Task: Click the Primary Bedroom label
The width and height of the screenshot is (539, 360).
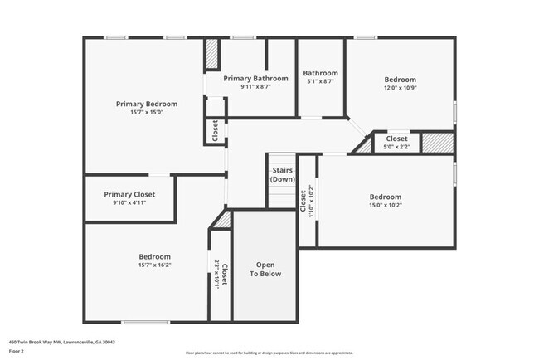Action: click(x=146, y=104)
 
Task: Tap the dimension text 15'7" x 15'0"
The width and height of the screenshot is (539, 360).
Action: click(x=146, y=113)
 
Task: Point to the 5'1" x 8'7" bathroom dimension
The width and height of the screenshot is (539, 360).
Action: click(x=320, y=81)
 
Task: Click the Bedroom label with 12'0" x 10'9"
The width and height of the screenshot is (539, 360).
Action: click(x=400, y=80)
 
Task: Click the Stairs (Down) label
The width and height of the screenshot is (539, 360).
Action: click(x=283, y=174)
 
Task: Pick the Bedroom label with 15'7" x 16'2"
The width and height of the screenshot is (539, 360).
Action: click(x=154, y=256)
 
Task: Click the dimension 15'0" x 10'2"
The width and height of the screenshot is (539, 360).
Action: click(x=385, y=205)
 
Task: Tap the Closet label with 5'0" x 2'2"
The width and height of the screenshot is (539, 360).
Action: click(x=396, y=139)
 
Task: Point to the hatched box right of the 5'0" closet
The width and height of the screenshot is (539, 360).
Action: click(x=436, y=142)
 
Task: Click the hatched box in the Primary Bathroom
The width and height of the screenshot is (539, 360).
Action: click(x=211, y=57)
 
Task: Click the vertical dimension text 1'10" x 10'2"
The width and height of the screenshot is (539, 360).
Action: click(x=309, y=201)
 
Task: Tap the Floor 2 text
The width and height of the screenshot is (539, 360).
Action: click(x=17, y=351)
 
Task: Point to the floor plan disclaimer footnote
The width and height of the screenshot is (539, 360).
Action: click(x=269, y=353)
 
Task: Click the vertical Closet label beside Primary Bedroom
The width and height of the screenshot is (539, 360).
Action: click(x=214, y=130)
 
